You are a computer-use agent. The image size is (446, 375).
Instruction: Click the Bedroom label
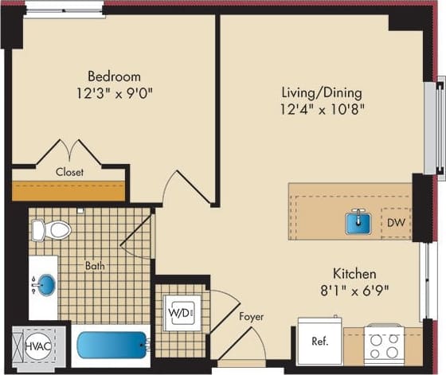(x=114, y=76)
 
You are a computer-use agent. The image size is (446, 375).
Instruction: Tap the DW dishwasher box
(x=396, y=222)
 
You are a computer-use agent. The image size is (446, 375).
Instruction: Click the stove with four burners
(x=384, y=344)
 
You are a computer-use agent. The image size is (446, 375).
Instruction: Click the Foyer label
(x=251, y=317)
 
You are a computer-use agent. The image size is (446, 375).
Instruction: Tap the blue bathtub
(x=111, y=347)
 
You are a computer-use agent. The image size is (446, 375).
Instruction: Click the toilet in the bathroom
(x=51, y=230)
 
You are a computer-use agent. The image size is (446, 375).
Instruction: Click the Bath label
(x=95, y=265)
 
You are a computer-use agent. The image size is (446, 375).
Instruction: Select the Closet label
(x=69, y=171)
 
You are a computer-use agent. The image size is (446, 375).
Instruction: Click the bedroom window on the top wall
(x=64, y=10)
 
